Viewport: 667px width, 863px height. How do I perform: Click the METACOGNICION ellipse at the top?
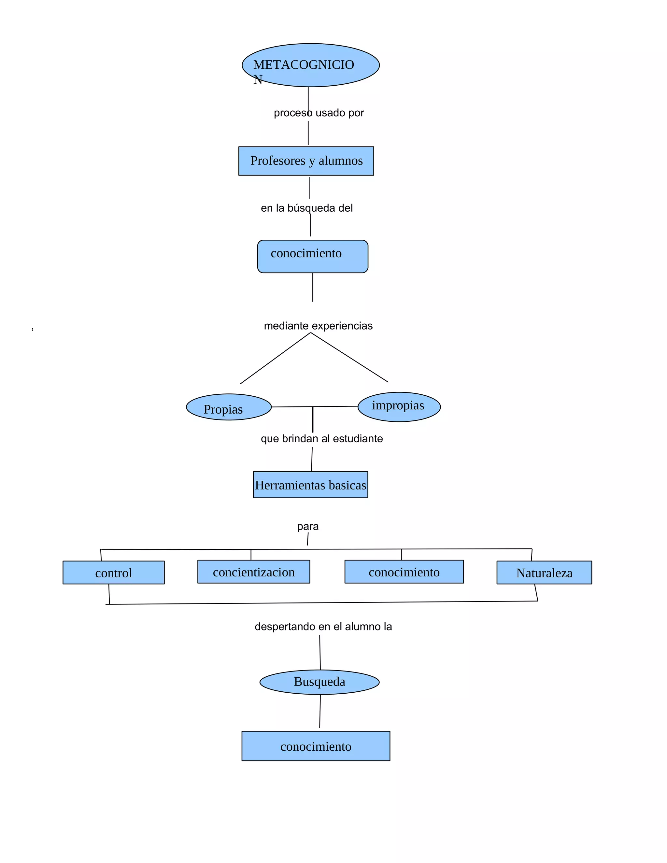(x=311, y=65)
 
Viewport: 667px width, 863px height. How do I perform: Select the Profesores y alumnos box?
(x=306, y=161)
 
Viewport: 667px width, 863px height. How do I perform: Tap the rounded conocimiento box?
(x=313, y=256)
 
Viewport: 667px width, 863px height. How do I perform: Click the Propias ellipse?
(x=228, y=407)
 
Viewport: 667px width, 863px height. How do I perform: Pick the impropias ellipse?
(x=399, y=407)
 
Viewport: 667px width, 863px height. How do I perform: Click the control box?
(x=113, y=572)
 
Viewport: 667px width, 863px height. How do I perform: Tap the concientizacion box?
(x=253, y=572)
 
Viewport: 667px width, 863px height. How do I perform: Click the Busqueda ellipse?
(x=319, y=682)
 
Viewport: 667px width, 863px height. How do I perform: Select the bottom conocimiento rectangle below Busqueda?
(x=315, y=746)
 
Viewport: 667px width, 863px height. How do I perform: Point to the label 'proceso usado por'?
(x=319, y=113)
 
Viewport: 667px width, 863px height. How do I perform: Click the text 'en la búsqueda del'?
(x=306, y=208)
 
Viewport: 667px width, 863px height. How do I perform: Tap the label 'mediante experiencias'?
(x=318, y=326)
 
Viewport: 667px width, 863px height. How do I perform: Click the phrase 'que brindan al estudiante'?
(x=322, y=439)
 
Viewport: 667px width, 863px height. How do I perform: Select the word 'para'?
(x=308, y=526)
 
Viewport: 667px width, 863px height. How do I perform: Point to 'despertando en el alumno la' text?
(x=323, y=626)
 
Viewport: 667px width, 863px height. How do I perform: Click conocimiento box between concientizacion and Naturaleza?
(x=404, y=572)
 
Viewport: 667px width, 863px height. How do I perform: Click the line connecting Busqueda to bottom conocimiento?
(x=320, y=711)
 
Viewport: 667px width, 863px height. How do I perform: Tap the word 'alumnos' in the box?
(x=341, y=161)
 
